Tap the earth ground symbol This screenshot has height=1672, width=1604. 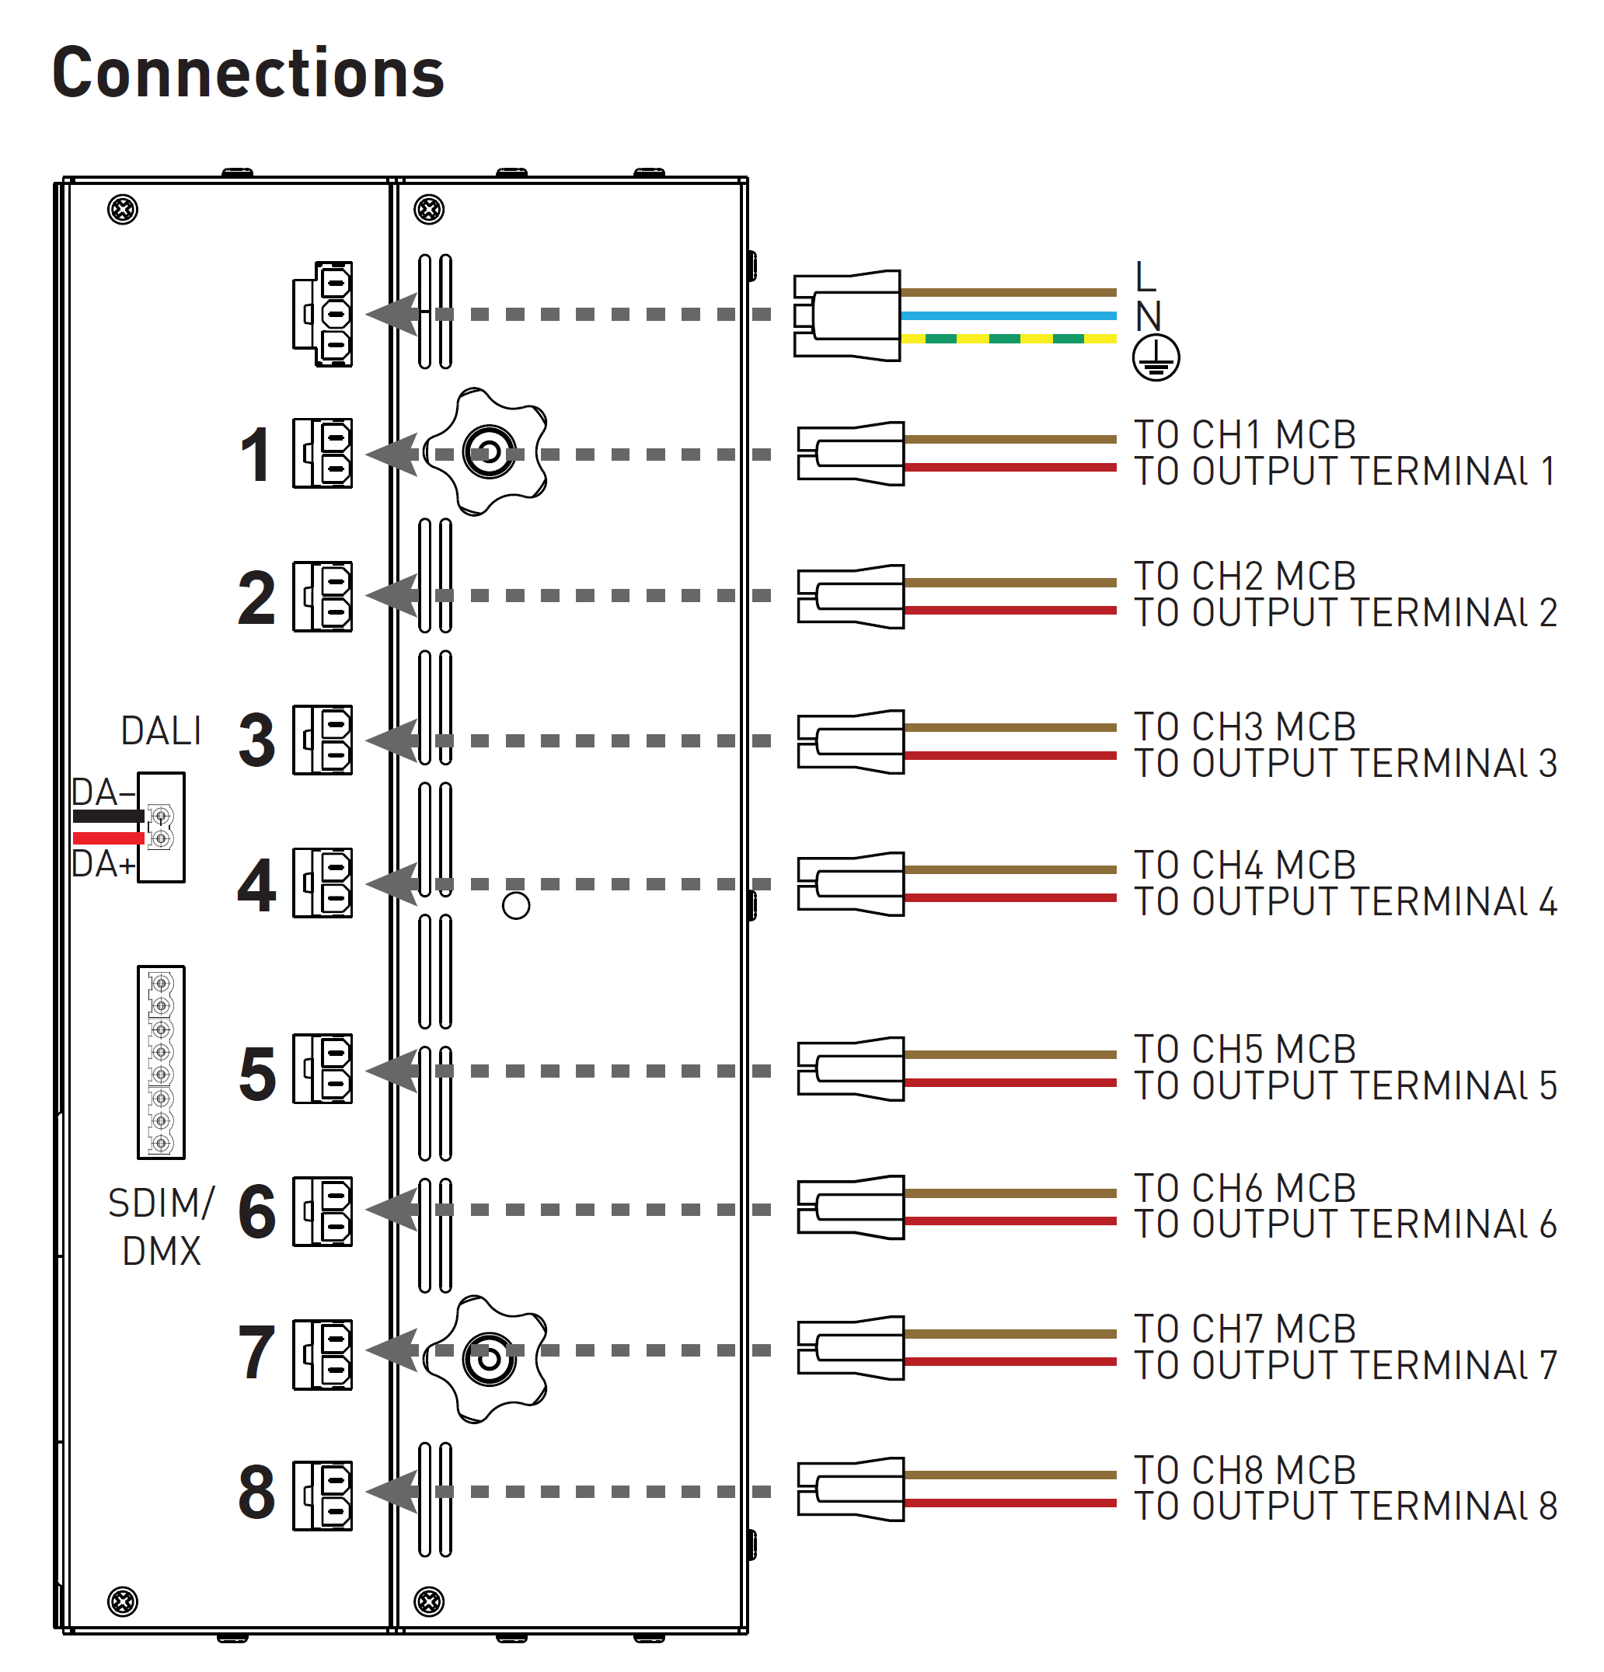1156,357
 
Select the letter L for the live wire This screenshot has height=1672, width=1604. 1145,277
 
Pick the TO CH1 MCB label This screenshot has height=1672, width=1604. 1244,435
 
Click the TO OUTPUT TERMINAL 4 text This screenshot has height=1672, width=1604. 1344,903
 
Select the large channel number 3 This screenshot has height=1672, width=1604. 256,740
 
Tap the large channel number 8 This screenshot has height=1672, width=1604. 256,1493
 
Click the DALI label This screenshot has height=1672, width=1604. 160,731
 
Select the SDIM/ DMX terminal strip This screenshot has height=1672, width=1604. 161,1062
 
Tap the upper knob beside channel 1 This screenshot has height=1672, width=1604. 488,452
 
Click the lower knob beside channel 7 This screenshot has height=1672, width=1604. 488,1359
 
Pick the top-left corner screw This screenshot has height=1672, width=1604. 123,210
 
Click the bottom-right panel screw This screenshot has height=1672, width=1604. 428,1601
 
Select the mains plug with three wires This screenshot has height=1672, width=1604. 847,315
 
